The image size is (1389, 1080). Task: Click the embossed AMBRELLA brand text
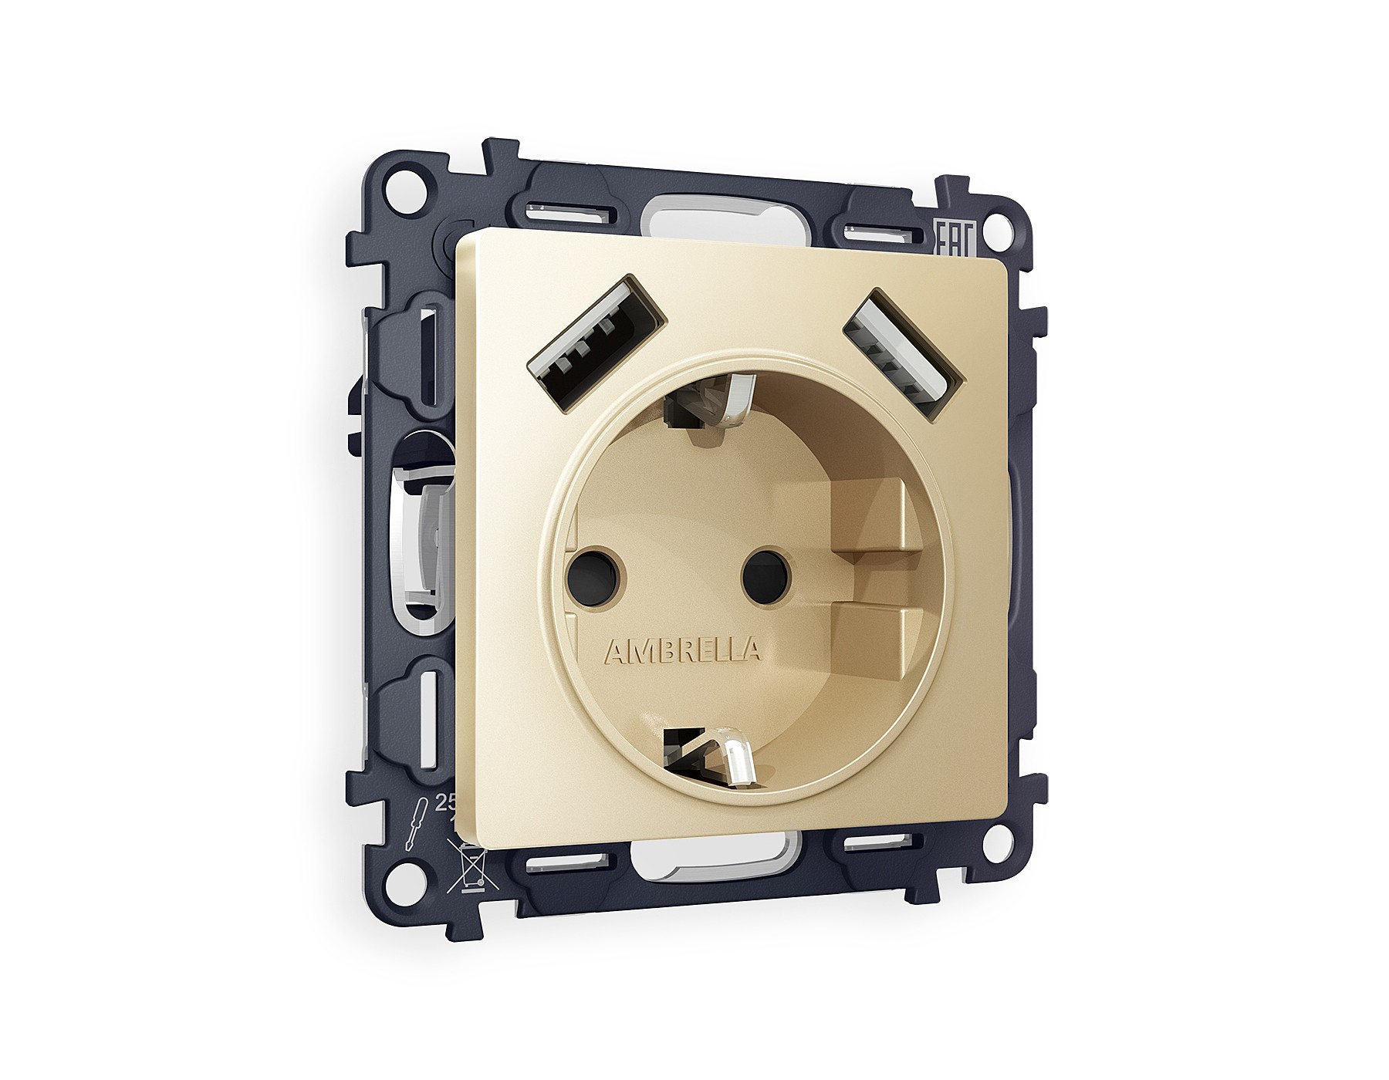tap(683, 651)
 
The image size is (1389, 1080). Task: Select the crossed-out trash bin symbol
tap(471, 869)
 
